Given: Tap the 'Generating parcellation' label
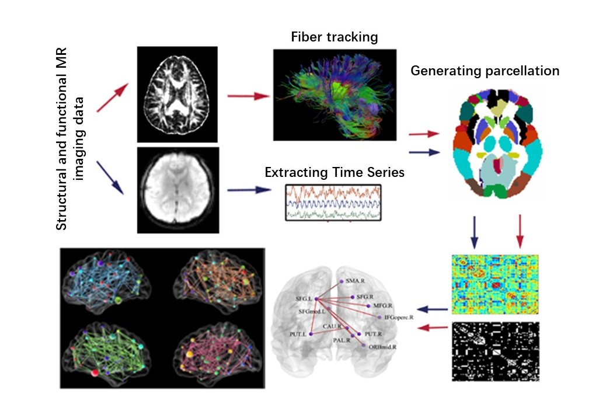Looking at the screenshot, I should click(x=485, y=71).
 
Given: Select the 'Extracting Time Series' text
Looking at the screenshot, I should click(x=335, y=173).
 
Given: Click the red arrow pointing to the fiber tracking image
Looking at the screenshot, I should click(x=248, y=95).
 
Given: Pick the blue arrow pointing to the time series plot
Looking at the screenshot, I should click(x=249, y=190).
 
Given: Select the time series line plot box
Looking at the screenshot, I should click(x=333, y=202).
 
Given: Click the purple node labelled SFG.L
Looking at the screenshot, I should click(x=315, y=299).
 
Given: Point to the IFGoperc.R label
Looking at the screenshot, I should click(x=399, y=317).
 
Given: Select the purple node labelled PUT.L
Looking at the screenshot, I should click(x=311, y=333).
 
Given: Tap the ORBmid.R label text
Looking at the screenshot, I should click(x=383, y=347).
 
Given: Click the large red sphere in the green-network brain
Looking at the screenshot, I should click(x=95, y=372).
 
